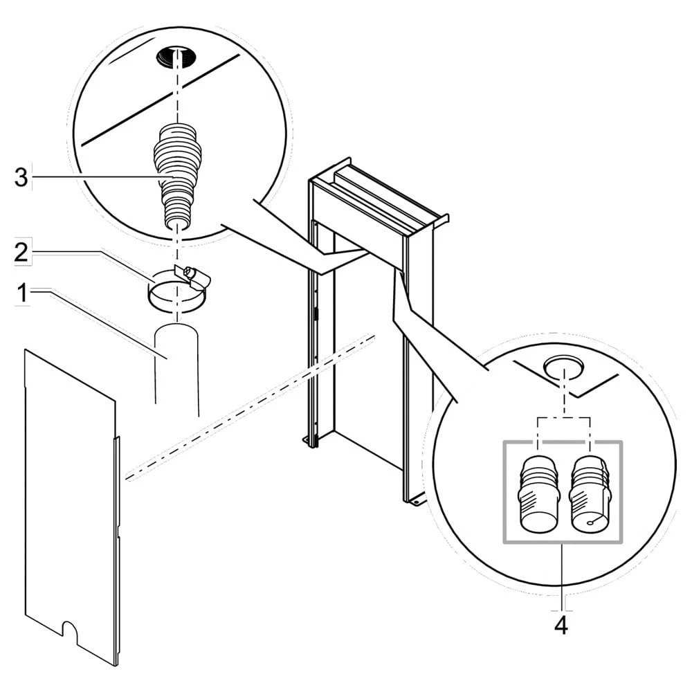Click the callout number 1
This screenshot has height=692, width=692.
pos(22,294)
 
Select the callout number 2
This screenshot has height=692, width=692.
pos(22,252)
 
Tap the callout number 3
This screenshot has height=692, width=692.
pos(21,178)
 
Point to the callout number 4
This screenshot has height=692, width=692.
pos(561,625)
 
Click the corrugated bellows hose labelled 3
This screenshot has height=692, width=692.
pos(176,173)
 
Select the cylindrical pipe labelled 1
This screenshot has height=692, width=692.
pos(176,367)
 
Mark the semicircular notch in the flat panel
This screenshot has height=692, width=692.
pos(70,630)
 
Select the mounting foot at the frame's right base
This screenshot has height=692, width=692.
pos(416,500)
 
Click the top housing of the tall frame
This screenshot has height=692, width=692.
pos(374,197)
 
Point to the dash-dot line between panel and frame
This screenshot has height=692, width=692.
pos(249,408)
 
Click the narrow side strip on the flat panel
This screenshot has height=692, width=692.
pos(118,547)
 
